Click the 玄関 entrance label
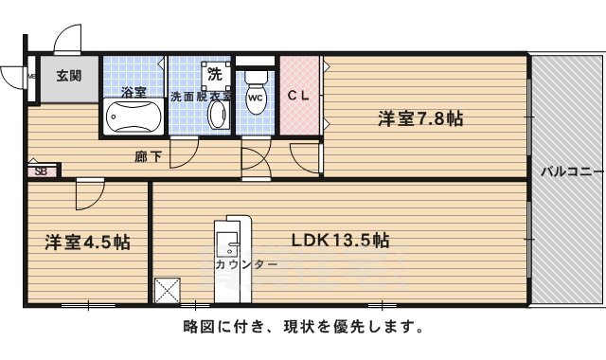66,77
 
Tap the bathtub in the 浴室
134,118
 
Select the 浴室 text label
134,93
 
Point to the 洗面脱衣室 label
200,96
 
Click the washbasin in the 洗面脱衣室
217,117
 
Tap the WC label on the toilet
255,98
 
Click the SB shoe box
41,171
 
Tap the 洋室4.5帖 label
87,242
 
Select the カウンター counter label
245,263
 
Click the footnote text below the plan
302,328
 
